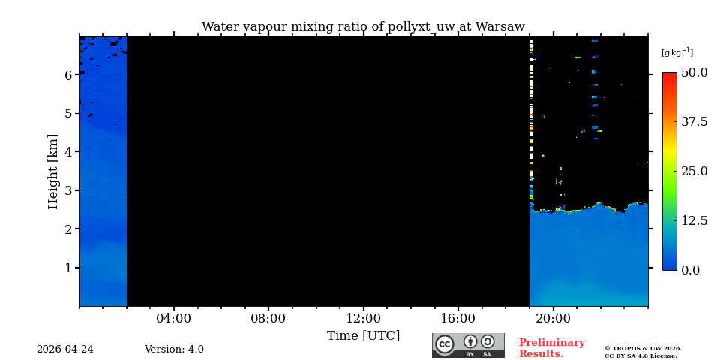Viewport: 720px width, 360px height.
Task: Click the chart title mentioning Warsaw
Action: coord(363,27)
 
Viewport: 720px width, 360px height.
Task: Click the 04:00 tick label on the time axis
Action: coord(173,319)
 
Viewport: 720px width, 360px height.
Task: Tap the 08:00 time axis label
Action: coord(268,319)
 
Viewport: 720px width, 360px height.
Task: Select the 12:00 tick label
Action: coord(363,319)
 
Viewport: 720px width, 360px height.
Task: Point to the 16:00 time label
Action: coord(457,319)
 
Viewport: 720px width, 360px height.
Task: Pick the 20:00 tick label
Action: coord(553,319)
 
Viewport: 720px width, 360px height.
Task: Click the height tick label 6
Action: coord(68,75)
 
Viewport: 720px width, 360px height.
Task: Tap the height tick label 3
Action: coord(68,190)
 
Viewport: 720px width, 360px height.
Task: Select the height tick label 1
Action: coord(68,268)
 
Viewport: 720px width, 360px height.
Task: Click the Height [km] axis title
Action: coord(53,171)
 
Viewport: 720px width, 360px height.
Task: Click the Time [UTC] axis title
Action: coord(363,336)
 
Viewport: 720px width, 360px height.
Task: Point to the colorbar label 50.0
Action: coord(694,73)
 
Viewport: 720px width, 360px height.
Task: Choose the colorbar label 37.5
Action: coord(694,122)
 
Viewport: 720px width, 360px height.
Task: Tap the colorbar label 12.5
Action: coord(694,220)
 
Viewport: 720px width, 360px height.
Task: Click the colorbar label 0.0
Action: coord(690,270)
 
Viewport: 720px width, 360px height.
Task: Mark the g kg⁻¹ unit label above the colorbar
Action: coord(676,52)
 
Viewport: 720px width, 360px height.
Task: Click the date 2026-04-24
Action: coord(65,349)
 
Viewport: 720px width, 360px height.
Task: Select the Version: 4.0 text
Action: coord(174,349)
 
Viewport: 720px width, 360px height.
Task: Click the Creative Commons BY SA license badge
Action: coord(468,345)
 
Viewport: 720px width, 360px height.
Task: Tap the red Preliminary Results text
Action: coord(551,348)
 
